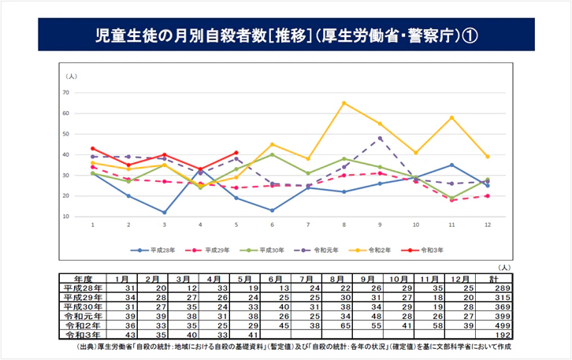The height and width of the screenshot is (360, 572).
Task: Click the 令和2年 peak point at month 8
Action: tap(344, 103)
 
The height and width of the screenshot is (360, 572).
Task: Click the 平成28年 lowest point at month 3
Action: tap(165, 212)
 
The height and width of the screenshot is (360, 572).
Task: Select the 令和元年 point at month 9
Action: tap(381, 138)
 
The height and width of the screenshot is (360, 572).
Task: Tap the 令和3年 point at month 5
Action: tap(236, 153)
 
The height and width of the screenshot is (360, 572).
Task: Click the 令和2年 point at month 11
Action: tap(451, 117)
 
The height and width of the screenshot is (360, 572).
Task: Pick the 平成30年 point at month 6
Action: tap(273, 154)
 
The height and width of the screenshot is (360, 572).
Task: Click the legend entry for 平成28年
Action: tap(152, 251)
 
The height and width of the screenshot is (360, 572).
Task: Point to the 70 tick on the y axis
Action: tap(66, 93)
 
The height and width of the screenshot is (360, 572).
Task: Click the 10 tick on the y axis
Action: tap(66, 216)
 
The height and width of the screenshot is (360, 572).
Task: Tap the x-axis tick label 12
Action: tap(488, 225)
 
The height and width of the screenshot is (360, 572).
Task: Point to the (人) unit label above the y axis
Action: tap(72, 76)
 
